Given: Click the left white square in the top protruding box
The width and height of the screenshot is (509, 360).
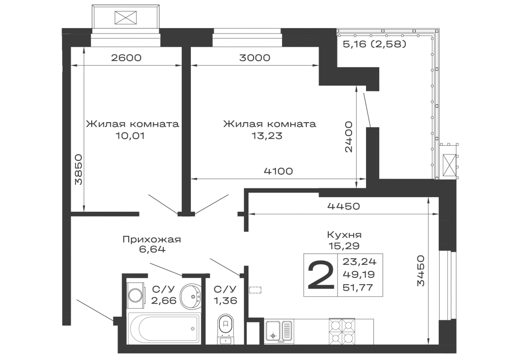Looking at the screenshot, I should click(105, 16).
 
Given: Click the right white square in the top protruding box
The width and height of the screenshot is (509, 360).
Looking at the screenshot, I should click(147, 16).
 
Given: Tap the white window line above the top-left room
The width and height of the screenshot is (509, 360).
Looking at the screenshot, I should click(126, 43).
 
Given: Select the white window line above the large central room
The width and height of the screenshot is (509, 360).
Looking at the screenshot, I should click(248, 43).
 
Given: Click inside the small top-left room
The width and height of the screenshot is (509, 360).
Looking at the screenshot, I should click(132, 92).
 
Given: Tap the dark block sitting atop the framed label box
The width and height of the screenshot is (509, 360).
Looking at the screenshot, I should click(344, 239).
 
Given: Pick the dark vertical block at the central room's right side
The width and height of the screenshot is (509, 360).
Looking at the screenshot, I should click(349, 136).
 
